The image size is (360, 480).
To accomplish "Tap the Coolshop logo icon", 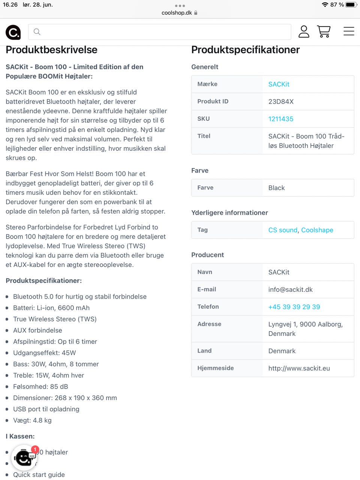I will pyautogui.click(x=13, y=32).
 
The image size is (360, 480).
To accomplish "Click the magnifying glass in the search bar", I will pyautogui.click(x=37, y=32).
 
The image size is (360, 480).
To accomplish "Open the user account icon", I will pyautogui.click(x=304, y=31).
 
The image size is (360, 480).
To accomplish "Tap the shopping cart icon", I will pyautogui.click(x=324, y=31).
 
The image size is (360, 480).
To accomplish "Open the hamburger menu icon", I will pyautogui.click(x=349, y=31).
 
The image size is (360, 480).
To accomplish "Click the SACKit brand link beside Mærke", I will pyautogui.click(x=279, y=84).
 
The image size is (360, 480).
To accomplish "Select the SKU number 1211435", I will pyautogui.click(x=280, y=119).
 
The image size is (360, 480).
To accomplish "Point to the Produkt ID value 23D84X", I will pyautogui.click(x=281, y=102).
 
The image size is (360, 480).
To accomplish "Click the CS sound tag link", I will pyautogui.click(x=283, y=230).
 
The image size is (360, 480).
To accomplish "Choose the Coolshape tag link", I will pyautogui.click(x=317, y=230).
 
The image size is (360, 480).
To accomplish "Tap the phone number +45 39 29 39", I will pyautogui.click(x=294, y=307).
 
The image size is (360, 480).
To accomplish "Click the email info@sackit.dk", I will pyautogui.click(x=290, y=289).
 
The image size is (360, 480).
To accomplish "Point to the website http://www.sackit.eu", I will pyautogui.click(x=299, y=368).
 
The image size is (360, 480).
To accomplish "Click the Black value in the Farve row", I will pyautogui.click(x=276, y=188).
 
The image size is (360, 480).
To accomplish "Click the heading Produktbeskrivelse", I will pyautogui.click(x=51, y=50).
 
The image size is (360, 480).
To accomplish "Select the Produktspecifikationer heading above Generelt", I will pyautogui.click(x=245, y=50).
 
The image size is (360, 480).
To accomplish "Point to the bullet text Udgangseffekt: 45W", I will pyautogui.click(x=44, y=353).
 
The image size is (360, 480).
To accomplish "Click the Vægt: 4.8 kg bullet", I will pyautogui.click(x=32, y=420).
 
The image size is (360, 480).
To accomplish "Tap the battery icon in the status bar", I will pyautogui.click(x=351, y=5).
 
